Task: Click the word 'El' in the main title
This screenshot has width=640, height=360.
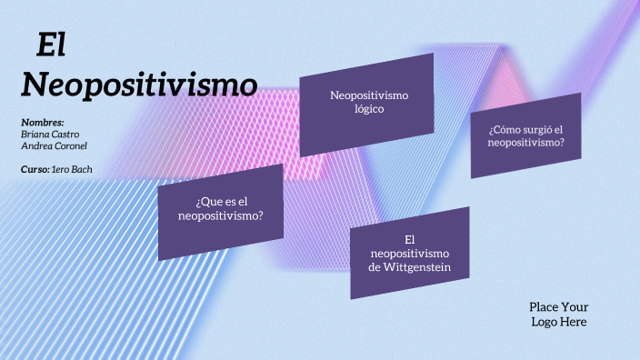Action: click(52, 45)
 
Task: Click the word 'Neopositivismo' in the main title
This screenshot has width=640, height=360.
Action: click(138, 85)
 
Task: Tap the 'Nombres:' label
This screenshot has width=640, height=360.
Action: click(42, 122)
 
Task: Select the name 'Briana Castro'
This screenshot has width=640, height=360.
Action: click(49, 134)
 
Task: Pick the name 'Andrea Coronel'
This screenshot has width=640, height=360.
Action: click(54, 145)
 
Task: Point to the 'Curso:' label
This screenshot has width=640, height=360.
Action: click(35, 169)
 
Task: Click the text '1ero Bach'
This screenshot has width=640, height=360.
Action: click(72, 169)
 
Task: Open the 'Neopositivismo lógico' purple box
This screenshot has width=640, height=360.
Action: click(366, 103)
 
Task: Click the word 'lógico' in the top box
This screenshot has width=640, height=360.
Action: click(369, 109)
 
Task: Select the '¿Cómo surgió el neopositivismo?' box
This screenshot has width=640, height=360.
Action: click(525, 135)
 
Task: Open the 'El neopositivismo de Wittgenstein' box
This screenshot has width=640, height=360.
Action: click(409, 252)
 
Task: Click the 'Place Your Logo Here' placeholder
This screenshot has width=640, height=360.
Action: click(558, 314)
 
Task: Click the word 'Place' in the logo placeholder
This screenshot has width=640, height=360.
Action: click(544, 306)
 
